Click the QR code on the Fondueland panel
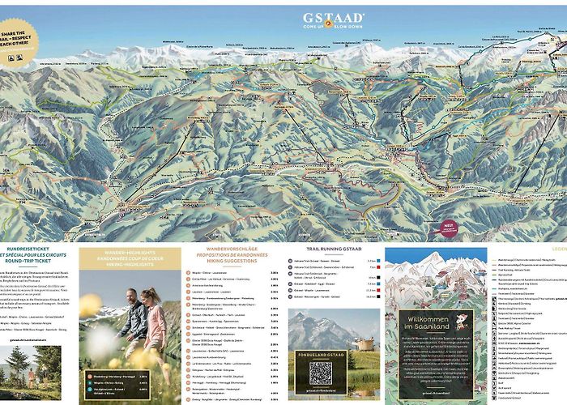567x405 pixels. coord(321,374)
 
